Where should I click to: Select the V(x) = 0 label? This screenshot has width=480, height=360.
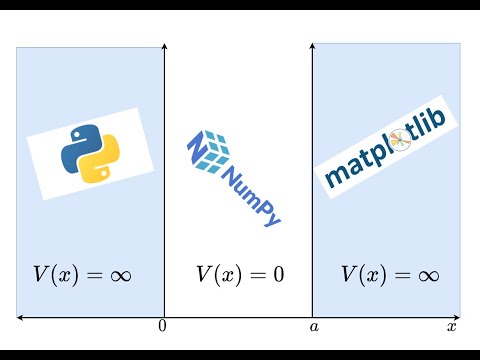pyautogui.click(x=239, y=273)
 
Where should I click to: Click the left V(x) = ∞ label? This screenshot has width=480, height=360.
pyautogui.click(x=83, y=273)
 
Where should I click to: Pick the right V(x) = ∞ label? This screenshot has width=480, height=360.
pyautogui.click(x=389, y=273)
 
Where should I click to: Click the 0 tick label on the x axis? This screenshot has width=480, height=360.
pyautogui.click(x=163, y=327)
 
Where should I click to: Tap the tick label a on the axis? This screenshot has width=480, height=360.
pyautogui.click(x=313, y=327)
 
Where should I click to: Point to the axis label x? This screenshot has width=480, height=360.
pyautogui.click(x=451, y=327)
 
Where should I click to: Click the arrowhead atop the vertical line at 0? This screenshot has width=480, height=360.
pyautogui.click(x=163, y=47)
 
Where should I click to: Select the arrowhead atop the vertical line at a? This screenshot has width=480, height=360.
pyautogui.click(x=313, y=47)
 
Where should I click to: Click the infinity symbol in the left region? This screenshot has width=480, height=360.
pyautogui.click(x=117, y=274)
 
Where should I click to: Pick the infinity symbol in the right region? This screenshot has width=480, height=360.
pyautogui.click(x=423, y=274)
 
